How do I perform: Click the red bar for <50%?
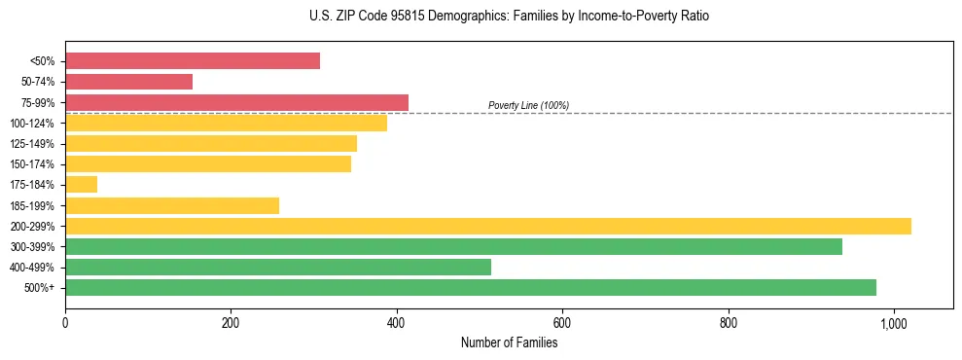[193, 61]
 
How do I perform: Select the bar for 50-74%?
[128, 82]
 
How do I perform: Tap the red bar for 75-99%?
[236, 102]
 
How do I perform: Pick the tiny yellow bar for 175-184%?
[81, 184]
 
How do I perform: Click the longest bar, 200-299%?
[487, 226]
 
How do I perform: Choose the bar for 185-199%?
[172, 205]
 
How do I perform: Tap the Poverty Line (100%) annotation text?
[528, 105]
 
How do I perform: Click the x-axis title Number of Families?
[509, 342]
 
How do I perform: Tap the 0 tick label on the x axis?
[65, 323]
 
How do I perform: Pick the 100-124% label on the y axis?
[32, 124]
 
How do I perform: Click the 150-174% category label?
[32, 164]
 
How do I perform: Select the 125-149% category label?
[32, 144]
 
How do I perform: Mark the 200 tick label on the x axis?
[231, 323]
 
